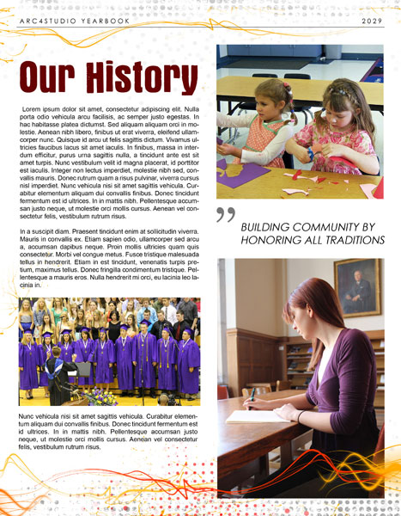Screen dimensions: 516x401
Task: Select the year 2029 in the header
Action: (372, 20)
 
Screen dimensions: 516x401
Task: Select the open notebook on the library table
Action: (249, 416)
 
